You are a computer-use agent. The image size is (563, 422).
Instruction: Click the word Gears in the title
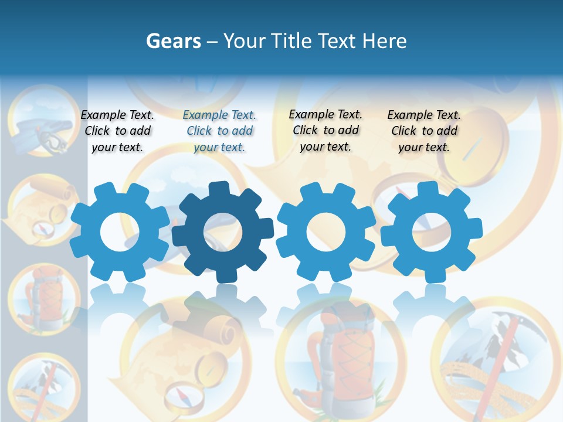pos(173,41)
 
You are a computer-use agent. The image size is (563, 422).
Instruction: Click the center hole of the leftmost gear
pos(120,232)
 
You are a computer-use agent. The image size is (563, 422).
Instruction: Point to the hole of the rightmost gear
pos(432,232)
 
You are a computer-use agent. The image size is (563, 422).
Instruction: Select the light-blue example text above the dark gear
pos(219,131)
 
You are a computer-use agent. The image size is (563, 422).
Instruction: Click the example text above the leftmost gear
pos(117,131)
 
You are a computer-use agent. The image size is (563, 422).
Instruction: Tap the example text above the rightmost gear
pos(424,131)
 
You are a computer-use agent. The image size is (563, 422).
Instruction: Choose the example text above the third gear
pos(325,130)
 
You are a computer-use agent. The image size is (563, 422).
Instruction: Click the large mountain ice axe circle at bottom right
pos(498,358)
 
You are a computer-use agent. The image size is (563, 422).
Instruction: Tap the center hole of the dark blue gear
pos(223,232)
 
